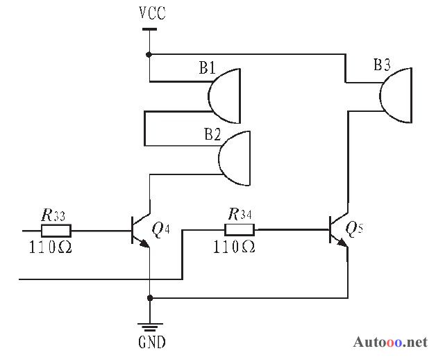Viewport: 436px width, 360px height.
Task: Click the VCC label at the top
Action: [x=152, y=13]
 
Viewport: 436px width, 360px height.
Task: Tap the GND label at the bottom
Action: [x=152, y=342]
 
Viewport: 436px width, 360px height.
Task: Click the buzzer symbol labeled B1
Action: [x=224, y=96]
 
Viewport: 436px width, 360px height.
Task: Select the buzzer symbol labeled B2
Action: [x=235, y=158]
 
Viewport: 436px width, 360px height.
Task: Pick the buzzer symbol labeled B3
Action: [x=396, y=95]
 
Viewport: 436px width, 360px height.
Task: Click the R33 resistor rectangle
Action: [x=56, y=231]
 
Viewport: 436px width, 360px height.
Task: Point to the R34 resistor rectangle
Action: [x=240, y=230]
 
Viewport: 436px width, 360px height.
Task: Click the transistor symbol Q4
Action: [x=141, y=231]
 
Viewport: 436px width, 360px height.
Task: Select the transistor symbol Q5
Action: [x=339, y=230]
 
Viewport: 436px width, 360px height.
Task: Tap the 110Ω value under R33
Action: [x=50, y=247]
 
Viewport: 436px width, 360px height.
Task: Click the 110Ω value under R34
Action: [x=234, y=247]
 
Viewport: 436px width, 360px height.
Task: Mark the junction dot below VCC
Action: [x=149, y=54]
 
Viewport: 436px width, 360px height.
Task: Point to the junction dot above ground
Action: [x=149, y=298]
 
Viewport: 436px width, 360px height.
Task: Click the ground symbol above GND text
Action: [x=150, y=327]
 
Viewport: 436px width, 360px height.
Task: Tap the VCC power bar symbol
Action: [x=149, y=29]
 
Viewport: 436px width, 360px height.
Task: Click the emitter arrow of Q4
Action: [x=144, y=244]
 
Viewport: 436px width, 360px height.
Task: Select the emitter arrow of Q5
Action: [x=342, y=243]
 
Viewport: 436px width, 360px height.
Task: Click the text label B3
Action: [x=382, y=65]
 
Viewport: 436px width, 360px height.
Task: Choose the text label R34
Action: [x=240, y=214]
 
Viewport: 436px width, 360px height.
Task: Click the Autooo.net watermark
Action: [x=390, y=342]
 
